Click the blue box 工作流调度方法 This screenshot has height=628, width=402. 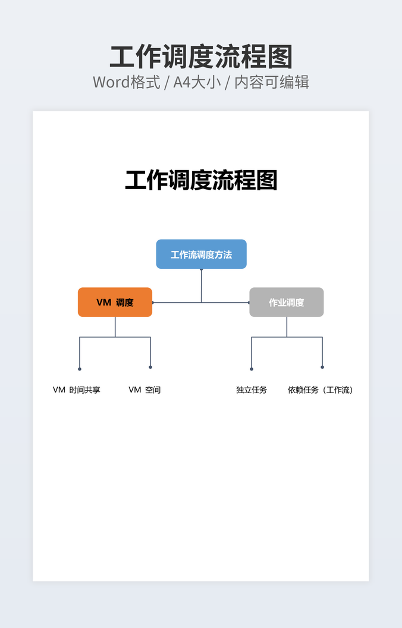[201, 254]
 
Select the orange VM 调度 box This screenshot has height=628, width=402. [115, 302]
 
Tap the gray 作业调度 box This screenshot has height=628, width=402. [286, 302]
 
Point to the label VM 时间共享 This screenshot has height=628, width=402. [77, 390]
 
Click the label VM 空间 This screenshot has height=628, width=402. [145, 390]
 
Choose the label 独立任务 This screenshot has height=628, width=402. [252, 390]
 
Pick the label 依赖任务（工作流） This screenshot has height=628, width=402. [321, 390]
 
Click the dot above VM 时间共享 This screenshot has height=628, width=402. [80, 369]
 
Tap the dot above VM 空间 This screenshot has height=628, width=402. [150, 367]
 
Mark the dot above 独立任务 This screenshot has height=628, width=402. [252, 369]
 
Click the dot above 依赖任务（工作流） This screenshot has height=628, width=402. [322, 367]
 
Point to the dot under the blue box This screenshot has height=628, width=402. [201, 270]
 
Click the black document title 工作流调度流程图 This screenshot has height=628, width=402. [201, 180]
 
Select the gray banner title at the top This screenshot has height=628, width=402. [201, 58]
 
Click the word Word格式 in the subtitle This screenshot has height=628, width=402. [127, 82]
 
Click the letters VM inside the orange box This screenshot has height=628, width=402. [104, 302]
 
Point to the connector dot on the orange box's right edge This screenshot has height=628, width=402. [153, 303]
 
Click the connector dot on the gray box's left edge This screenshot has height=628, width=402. [249, 303]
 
